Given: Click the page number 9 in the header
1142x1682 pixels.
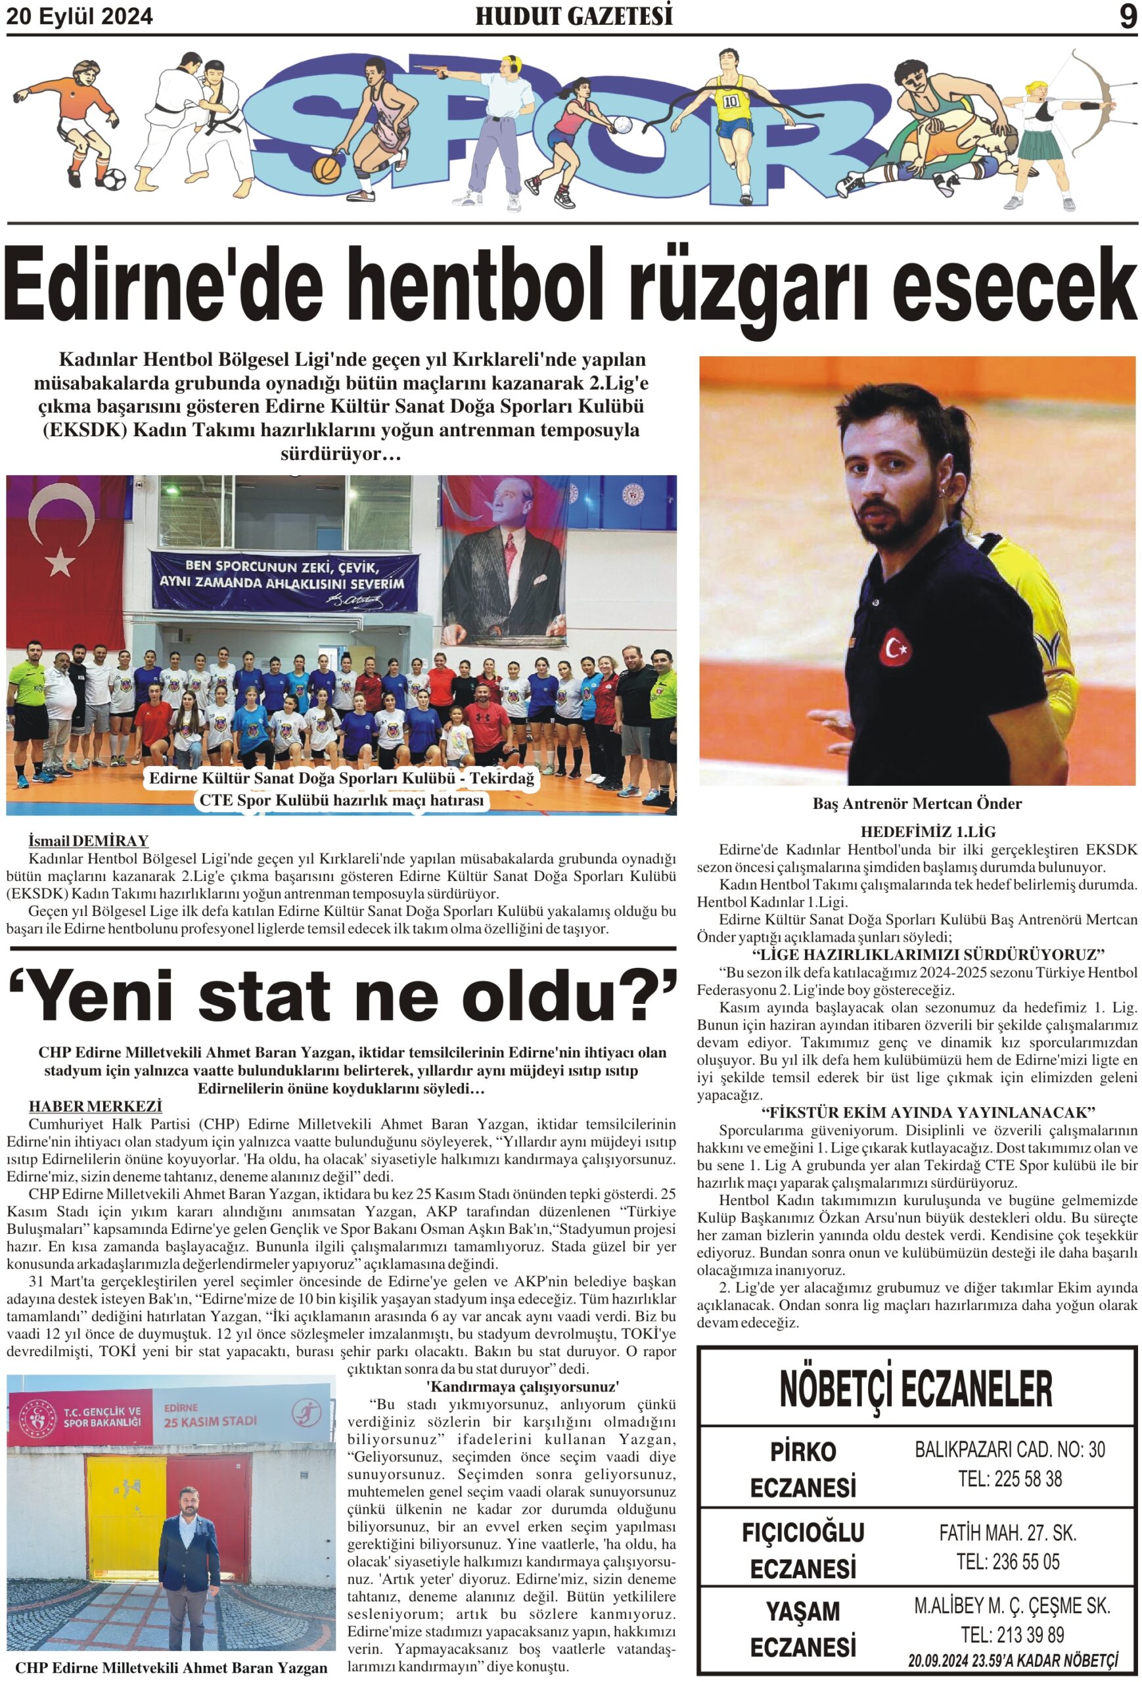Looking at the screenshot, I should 1127,16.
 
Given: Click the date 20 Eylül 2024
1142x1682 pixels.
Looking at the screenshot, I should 80,16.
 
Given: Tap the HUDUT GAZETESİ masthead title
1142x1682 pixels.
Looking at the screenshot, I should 573,16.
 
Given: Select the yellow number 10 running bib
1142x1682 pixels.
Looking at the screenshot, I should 730,101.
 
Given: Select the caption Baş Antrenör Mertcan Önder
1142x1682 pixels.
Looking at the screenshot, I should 916,804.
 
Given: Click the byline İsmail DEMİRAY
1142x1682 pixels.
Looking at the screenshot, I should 88,840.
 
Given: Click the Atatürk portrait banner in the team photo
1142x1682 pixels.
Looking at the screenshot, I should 501,572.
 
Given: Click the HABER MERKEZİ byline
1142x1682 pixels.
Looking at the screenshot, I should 95,1106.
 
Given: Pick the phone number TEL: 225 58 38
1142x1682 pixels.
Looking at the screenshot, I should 1009,1478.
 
